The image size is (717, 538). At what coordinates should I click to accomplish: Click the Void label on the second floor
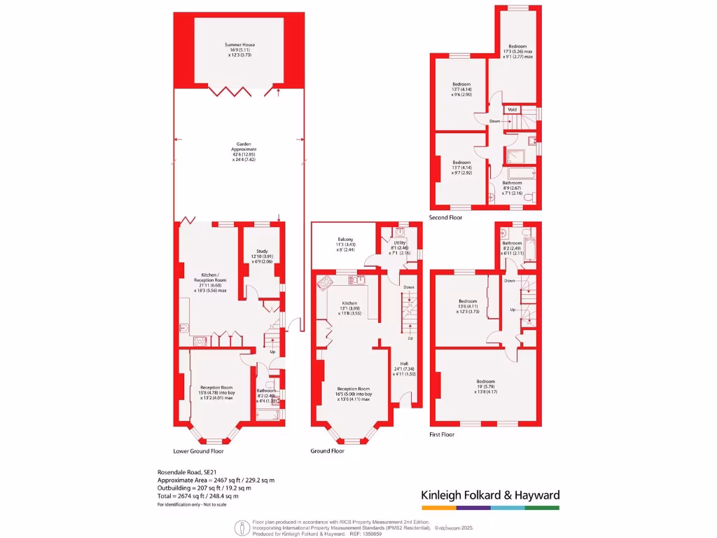[x=512, y=109]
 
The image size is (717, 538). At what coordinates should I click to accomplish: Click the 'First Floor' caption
[x=442, y=434]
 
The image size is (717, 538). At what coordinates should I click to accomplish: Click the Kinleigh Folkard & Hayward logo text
[x=490, y=495]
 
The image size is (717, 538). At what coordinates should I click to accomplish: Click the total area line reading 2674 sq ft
[x=203, y=495]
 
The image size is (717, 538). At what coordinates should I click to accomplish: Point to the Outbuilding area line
[x=208, y=488]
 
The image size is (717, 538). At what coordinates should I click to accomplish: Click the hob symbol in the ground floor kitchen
[x=326, y=283]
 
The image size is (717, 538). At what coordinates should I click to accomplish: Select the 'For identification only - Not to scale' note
[x=193, y=505]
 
